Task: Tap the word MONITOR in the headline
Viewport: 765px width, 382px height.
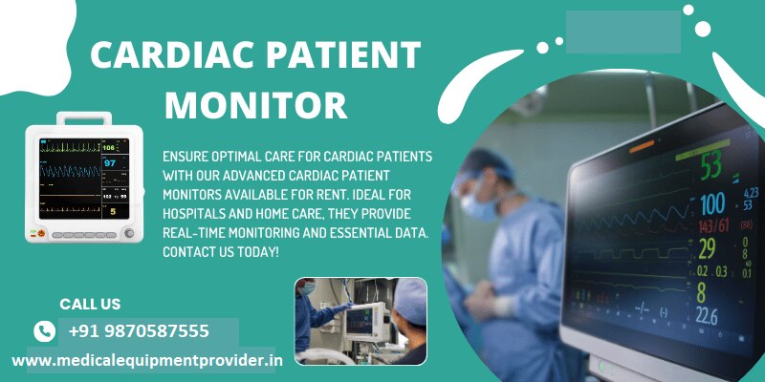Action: point(255,105)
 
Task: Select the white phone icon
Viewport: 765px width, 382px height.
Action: point(44,331)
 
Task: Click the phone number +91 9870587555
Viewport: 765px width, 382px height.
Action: point(139,331)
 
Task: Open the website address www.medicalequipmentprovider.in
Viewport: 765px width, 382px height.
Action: point(147,361)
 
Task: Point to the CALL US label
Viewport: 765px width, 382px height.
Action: point(90,304)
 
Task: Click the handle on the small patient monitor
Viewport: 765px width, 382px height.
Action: point(84,117)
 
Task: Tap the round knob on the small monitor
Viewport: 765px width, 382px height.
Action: point(129,233)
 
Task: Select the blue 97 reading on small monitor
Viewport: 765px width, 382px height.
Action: point(110,162)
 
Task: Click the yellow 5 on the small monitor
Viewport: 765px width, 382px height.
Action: point(113,211)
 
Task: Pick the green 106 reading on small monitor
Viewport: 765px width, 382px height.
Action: point(109,147)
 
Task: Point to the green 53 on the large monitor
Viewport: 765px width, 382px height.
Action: point(710,165)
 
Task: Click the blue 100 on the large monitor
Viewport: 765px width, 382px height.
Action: point(712,204)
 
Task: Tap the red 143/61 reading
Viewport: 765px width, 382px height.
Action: point(713,226)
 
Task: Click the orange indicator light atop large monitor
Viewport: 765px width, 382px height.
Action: point(642,146)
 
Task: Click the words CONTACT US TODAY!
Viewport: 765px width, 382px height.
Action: point(221,252)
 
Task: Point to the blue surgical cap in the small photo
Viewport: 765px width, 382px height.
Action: point(410,301)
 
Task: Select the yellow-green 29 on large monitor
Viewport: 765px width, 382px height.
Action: point(707,249)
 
